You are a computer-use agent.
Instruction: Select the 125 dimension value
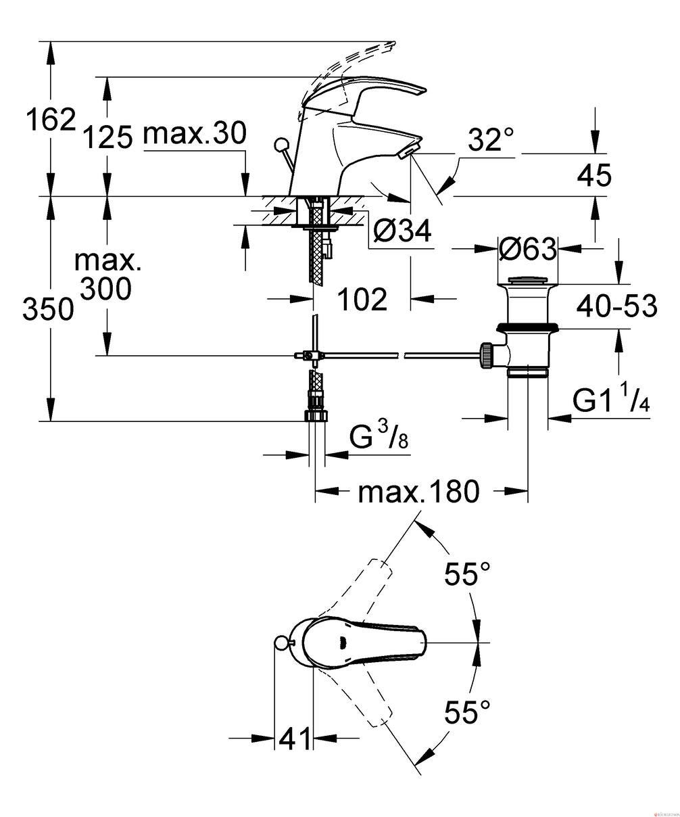[x=108, y=137]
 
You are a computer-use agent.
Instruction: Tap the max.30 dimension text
[x=195, y=133]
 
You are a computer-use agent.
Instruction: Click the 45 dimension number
[x=593, y=175]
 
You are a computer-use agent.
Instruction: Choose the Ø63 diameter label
[x=527, y=248]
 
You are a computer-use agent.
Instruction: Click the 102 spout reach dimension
[x=362, y=300]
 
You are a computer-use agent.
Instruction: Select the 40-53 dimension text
[x=616, y=306]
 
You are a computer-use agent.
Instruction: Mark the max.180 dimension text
[x=418, y=492]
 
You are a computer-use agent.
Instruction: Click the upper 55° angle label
[x=467, y=574]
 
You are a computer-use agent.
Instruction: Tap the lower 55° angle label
[x=467, y=711]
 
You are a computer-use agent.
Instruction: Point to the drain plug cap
[x=527, y=281]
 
